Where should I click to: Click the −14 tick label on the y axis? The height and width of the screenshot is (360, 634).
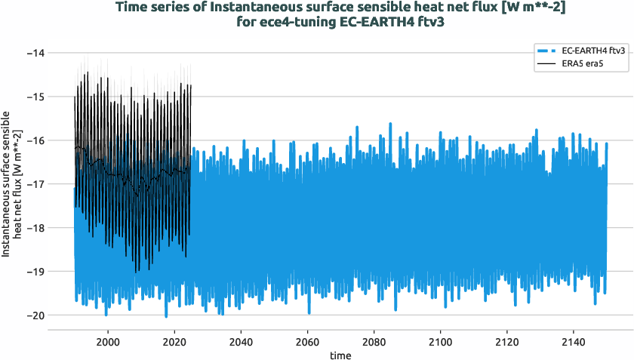pos(35,53)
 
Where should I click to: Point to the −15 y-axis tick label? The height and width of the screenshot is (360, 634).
pos(35,97)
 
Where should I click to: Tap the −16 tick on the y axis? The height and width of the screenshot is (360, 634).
pos(35,140)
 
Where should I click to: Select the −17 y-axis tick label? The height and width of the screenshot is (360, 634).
pos(35,183)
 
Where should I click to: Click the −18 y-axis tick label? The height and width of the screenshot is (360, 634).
pos(35,227)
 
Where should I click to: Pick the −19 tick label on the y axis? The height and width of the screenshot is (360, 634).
pos(35,271)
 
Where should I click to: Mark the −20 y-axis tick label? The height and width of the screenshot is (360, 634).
pos(35,315)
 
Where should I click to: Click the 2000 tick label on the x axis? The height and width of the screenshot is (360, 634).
pos(108,340)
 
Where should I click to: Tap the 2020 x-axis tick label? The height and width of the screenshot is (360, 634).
pos(174,340)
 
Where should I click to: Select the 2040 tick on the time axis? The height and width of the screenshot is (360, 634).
pos(241,340)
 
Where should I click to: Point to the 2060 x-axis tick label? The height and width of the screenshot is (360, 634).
pos(307,340)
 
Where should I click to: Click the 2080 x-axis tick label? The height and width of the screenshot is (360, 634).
pos(374,340)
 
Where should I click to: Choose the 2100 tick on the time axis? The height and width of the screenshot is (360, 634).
pos(440,340)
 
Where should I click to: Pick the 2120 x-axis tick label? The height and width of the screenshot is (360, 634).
pos(507,340)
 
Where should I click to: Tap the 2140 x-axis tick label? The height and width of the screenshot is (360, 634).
pos(574,340)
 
